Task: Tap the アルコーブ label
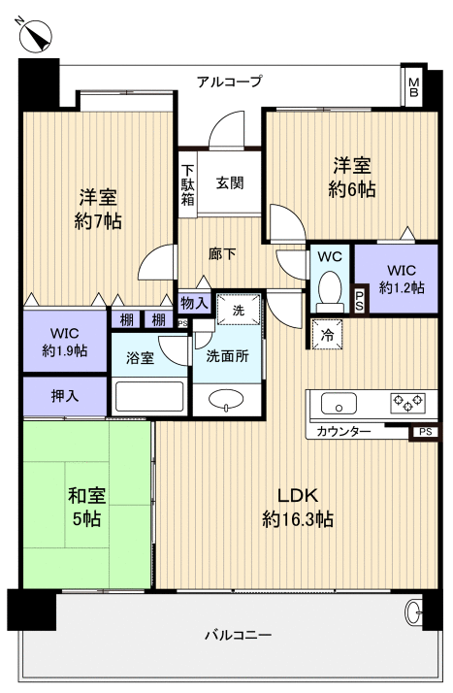click(x=229, y=82)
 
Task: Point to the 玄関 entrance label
click(x=230, y=181)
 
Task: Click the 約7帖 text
click(x=98, y=221)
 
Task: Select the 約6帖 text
click(x=352, y=189)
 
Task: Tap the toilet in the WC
click(x=330, y=288)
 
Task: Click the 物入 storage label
click(x=194, y=303)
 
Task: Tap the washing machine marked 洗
click(x=238, y=311)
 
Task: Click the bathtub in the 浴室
click(x=148, y=396)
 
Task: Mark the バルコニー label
click(x=237, y=636)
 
